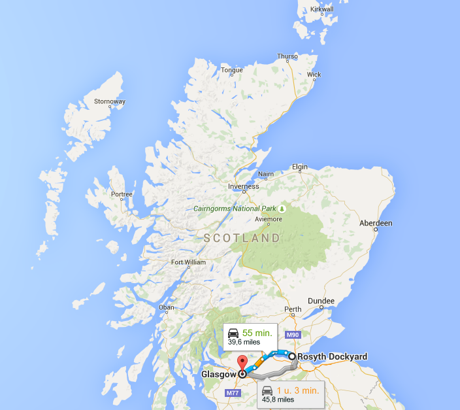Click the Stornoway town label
point(109,101)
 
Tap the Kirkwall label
point(322,9)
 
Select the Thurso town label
point(287,56)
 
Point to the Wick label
point(314,75)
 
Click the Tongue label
point(232,70)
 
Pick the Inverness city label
point(243,186)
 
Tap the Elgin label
point(299,167)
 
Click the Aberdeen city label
point(376,223)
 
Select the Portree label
point(122,194)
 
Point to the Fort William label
point(188,262)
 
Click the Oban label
point(167,307)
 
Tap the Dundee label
point(321,301)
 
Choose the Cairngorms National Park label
point(240,209)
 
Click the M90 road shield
point(292,335)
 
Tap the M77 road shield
point(233,393)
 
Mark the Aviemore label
point(269,219)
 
